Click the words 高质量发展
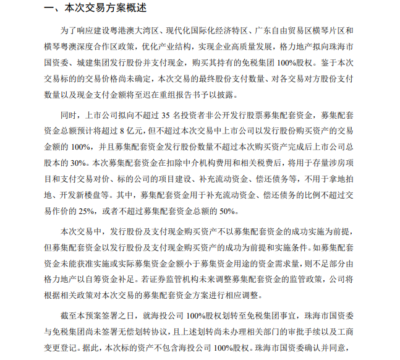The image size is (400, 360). click(288, 46)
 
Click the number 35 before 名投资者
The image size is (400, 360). click(164, 116)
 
